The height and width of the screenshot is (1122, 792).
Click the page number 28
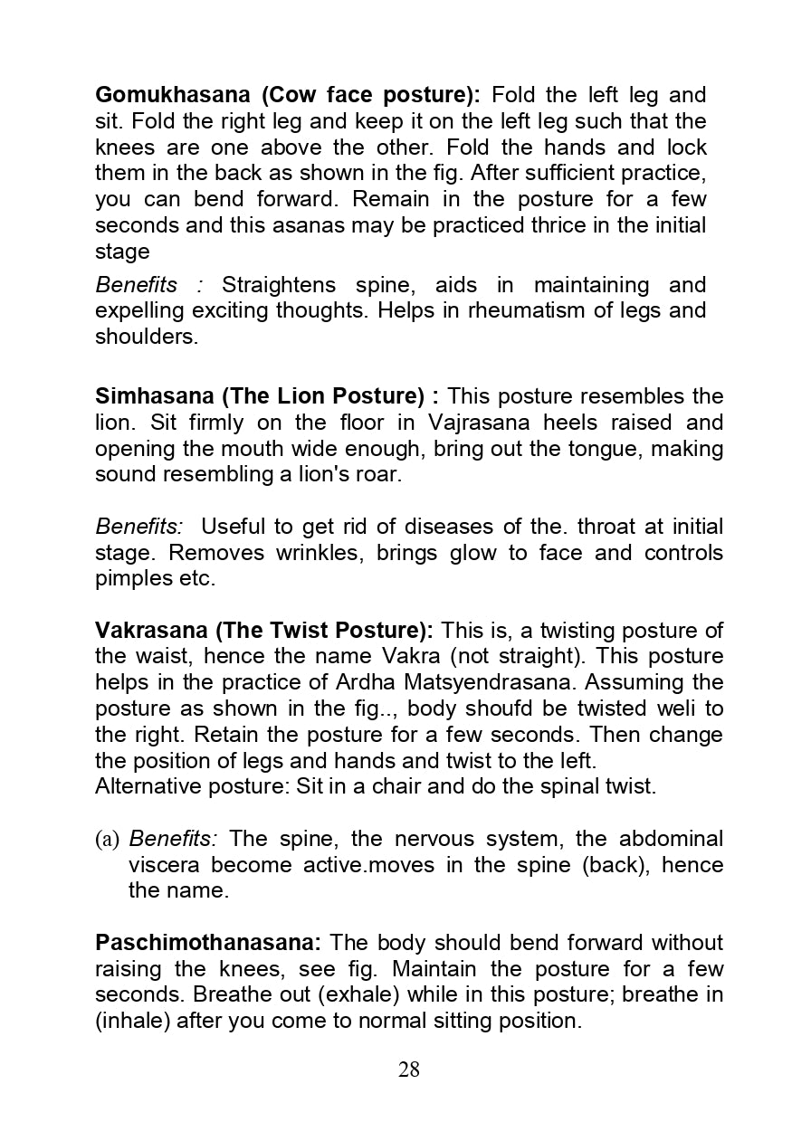point(409,1070)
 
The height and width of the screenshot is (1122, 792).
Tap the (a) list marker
point(107,839)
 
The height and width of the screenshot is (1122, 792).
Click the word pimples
point(132,579)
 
